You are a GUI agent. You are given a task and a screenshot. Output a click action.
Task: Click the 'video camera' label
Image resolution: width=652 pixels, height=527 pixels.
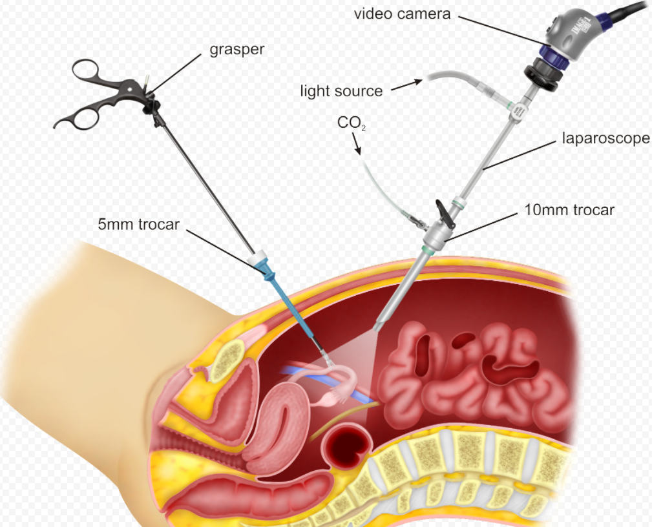(x=402, y=14)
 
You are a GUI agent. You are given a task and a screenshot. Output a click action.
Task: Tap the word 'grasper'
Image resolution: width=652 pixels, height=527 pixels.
(x=237, y=50)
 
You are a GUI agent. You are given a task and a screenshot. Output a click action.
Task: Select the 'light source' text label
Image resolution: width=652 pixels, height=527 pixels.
(x=341, y=91)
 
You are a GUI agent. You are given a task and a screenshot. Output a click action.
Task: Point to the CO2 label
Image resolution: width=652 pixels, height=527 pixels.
(x=352, y=123)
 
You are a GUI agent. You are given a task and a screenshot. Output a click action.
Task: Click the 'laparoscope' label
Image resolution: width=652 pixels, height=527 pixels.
(x=606, y=138)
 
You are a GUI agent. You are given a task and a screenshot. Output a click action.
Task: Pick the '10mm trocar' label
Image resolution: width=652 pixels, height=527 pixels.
(x=569, y=210)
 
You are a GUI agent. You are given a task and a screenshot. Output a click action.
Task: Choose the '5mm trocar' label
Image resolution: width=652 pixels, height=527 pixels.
(x=138, y=225)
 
